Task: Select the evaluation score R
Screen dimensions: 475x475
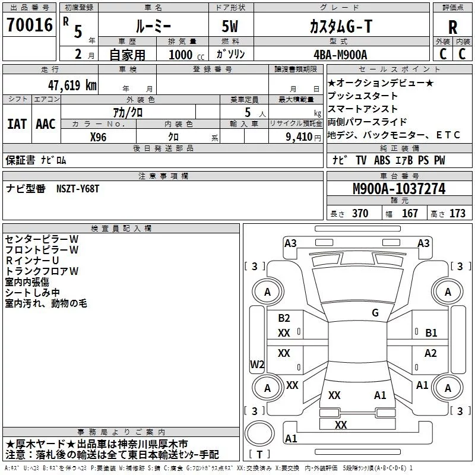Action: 452,27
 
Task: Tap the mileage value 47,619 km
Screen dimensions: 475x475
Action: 71,85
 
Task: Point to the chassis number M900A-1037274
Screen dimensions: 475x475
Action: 398,189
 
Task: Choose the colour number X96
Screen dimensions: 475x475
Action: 99,136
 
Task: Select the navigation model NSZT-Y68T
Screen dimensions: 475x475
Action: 78,188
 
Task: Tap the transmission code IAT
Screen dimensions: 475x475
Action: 17,123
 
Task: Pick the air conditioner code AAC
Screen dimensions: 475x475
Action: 46,123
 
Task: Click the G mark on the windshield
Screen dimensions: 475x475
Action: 375,312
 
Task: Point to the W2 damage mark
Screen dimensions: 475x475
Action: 257,364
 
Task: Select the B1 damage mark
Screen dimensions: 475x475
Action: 431,332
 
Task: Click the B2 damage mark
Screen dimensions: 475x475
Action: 284,318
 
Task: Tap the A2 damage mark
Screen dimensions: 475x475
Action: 430,353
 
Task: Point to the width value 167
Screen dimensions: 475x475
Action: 410,213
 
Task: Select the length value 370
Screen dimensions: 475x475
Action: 360,213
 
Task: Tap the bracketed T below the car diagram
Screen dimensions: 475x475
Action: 259,454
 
